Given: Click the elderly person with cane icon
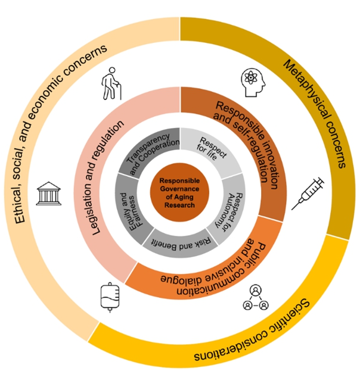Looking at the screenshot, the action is click(x=112, y=83).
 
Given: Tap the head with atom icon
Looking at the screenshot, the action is click(x=253, y=82).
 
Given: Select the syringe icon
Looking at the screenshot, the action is click(x=308, y=194).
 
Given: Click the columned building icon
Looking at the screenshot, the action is click(x=49, y=194).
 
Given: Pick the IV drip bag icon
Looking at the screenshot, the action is click(x=110, y=297).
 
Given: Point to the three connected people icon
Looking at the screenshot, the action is click(x=256, y=298).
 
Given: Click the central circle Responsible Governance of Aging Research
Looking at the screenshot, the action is click(x=179, y=192).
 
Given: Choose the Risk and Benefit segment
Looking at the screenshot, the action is click(x=180, y=244).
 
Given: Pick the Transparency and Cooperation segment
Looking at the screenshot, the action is click(x=151, y=151).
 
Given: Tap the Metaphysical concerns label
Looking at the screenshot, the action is click(x=315, y=113).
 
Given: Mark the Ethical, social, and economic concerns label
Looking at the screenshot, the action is click(x=59, y=132).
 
